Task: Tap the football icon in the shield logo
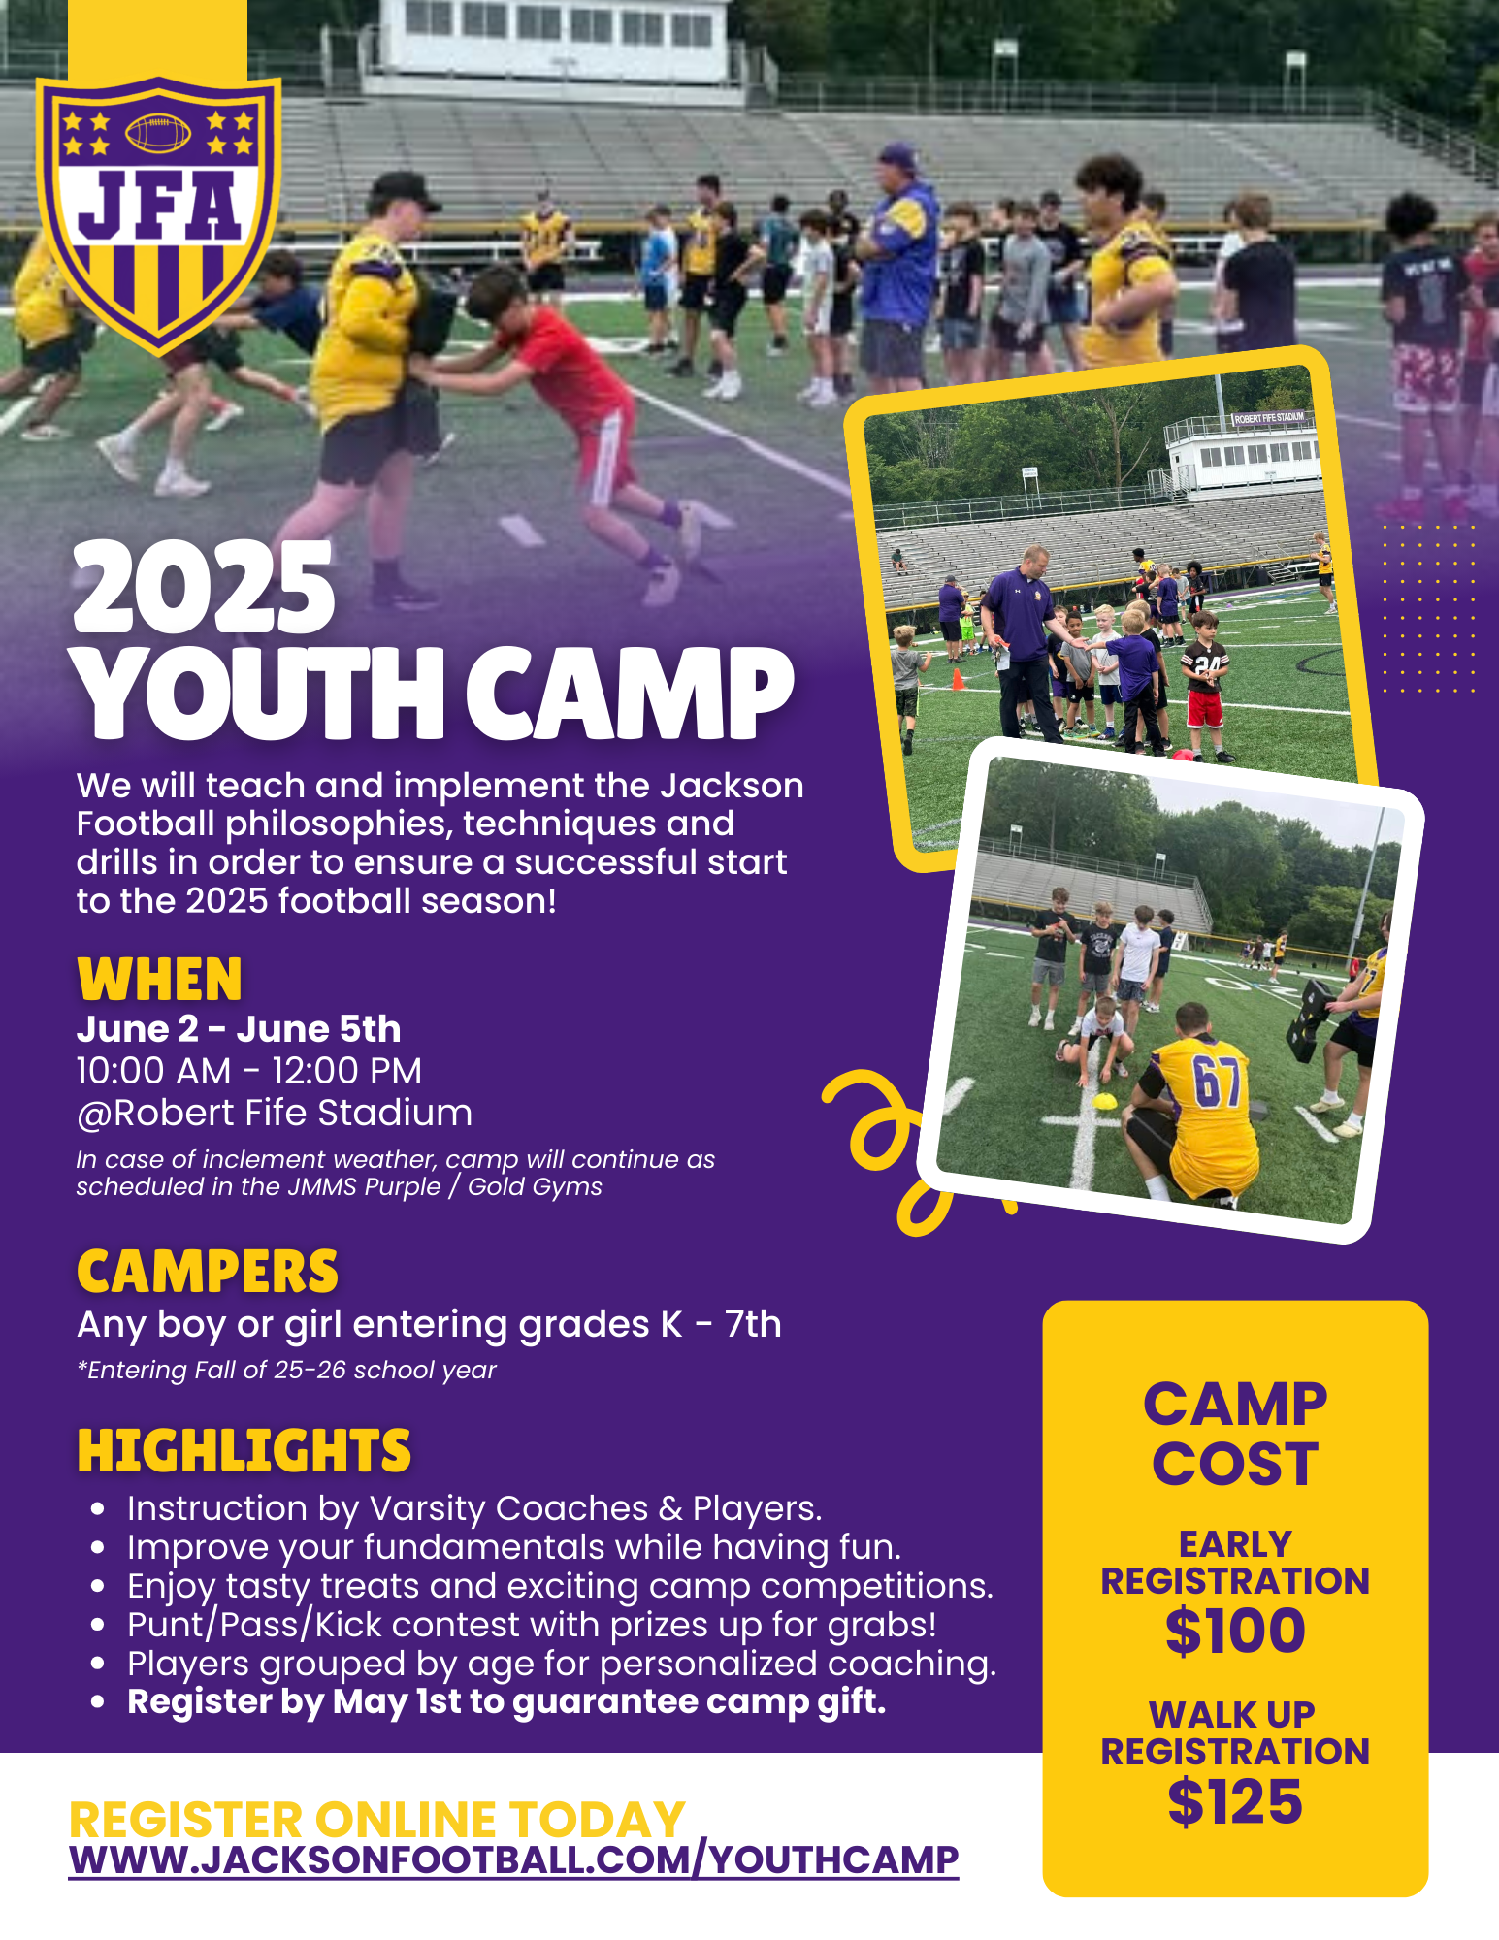pos(159,133)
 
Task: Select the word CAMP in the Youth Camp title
pos(631,693)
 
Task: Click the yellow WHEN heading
pos(159,979)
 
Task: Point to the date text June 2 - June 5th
pos(239,1028)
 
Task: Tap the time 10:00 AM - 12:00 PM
pos(249,1071)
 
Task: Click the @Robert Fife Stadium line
pos(275,1114)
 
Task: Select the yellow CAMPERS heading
pos(208,1272)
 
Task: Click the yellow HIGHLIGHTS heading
pos(244,1451)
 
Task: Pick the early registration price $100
pos(1235,1631)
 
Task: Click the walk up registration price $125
pos(1235,1802)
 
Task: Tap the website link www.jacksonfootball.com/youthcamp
pos(514,1859)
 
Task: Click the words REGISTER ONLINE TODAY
pos(377,1819)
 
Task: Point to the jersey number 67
pos(1217,1082)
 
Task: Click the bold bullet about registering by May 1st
pos(506,1701)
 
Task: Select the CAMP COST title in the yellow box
pos(1235,1434)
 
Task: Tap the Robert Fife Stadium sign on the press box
pos(1269,418)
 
